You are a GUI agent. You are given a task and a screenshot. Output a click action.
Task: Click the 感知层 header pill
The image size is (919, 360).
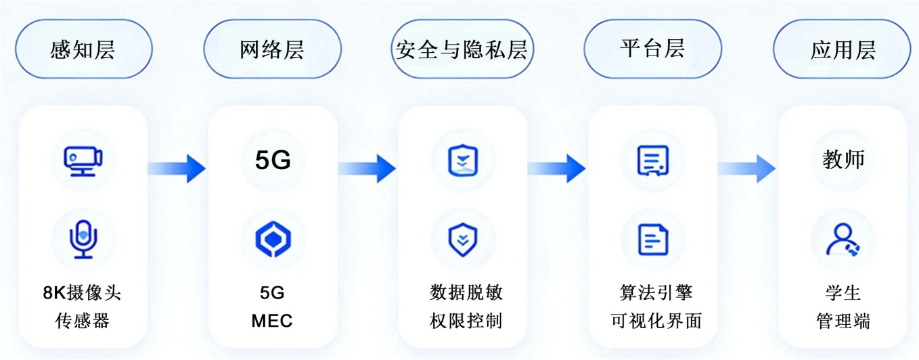(x=83, y=49)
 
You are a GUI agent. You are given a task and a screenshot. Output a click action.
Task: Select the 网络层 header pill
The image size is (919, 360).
(x=272, y=49)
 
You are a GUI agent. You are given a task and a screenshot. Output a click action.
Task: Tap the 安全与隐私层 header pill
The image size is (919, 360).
(x=462, y=49)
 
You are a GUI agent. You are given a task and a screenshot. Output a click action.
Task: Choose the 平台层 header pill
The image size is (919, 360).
(x=652, y=49)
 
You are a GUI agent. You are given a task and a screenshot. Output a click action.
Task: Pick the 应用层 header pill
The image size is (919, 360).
(x=843, y=49)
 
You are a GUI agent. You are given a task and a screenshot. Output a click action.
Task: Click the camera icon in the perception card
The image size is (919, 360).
(x=83, y=160)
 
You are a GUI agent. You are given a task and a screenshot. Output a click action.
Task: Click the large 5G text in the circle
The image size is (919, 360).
(x=272, y=161)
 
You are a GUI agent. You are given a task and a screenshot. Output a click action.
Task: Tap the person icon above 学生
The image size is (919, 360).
(x=843, y=239)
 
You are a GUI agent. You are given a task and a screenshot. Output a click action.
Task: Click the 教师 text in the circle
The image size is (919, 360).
(x=843, y=160)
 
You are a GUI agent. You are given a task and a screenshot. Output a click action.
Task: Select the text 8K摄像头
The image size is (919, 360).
(x=83, y=292)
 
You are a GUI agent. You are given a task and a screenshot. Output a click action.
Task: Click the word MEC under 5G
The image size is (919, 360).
(x=272, y=320)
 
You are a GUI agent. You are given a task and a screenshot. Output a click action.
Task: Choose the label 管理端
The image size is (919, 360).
(x=843, y=320)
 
